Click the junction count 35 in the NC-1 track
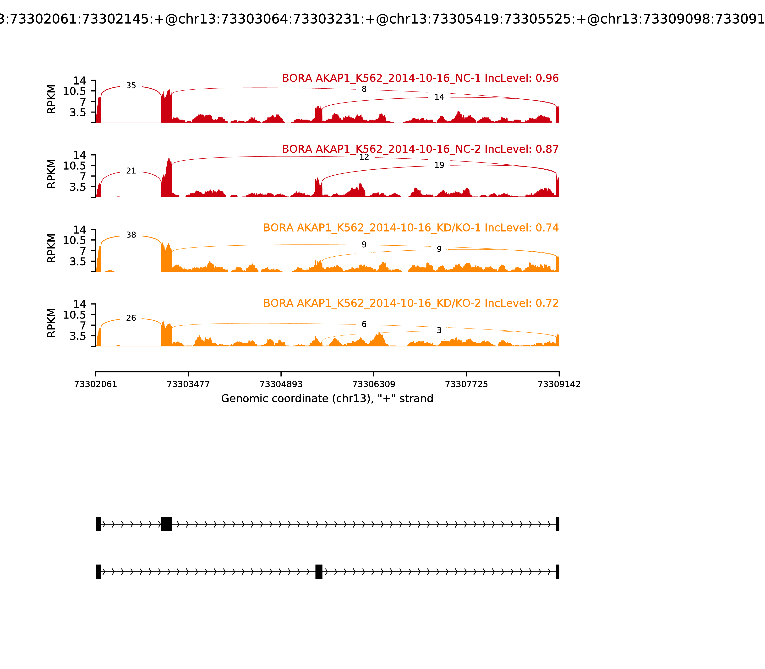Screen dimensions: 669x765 pos(131,86)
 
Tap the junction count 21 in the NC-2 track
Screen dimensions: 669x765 pos(131,171)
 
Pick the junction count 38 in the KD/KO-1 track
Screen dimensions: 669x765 pos(131,235)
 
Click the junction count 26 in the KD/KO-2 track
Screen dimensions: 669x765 pos(131,318)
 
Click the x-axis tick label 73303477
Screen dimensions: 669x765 pos(188,384)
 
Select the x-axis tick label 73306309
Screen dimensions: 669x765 pos(373,384)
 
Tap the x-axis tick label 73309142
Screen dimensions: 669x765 pos(559,384)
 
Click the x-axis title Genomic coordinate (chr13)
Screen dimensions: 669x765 pos(327,399)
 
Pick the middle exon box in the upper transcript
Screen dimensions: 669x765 pos(167,524)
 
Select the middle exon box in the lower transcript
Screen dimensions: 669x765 pos(319,572)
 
